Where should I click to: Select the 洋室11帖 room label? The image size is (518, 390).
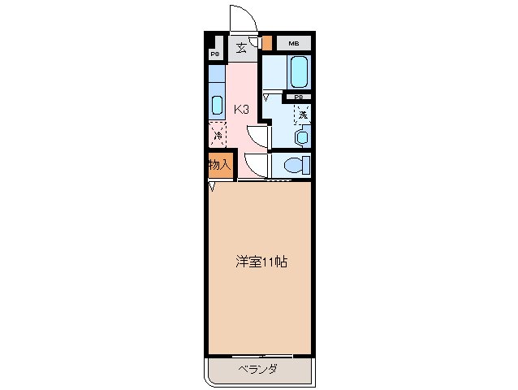(x=261, y=262)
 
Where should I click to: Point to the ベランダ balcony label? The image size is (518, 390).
(x=259, y=370)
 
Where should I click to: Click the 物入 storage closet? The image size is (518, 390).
(x=218, y=165)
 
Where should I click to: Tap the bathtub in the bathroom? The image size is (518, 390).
(x=297, y=73)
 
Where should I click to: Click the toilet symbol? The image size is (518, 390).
(x=295, y=165)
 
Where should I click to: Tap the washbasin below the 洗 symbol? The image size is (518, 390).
(x=302, y=136)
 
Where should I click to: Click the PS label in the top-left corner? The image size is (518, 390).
(x=215, y=54)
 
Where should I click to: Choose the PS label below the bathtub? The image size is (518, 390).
(x=299, y=97)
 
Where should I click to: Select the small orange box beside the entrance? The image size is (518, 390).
(x=266, y=42)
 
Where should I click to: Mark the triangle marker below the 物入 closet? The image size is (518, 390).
(x=213, y=188)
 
